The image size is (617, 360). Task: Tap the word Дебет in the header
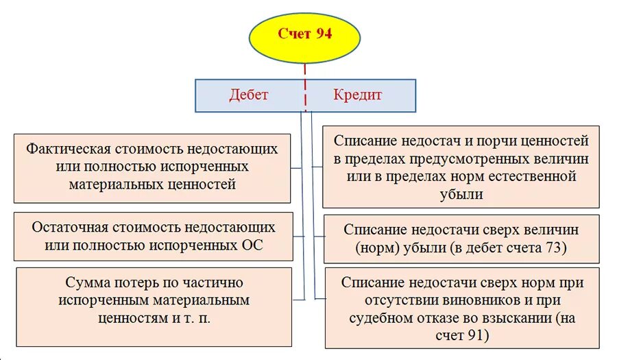(249, 95)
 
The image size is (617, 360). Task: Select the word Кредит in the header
(357, 95)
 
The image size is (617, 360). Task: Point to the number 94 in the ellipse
(324, 34)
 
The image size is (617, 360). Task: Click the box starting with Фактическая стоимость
(152, 167)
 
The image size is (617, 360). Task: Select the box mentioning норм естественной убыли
(461, 167)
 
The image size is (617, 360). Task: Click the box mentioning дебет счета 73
(461, 239)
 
